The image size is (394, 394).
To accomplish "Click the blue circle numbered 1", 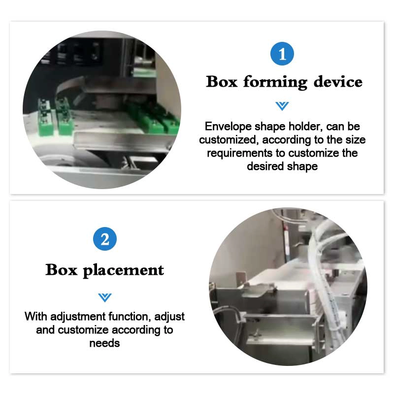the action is tap(282, 54).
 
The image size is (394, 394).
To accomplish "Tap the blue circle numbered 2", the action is tap(105, 239).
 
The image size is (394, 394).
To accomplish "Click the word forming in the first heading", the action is tap(275, 82).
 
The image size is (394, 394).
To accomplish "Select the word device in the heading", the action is tap(338, 82).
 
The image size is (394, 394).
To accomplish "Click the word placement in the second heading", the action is tap(124, 271).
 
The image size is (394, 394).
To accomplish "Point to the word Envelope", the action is tap(228, 127).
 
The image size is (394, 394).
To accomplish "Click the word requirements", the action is tap(239, 153).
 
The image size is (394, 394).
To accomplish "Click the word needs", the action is tap(104, 343).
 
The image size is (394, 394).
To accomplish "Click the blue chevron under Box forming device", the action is tap(282, 106).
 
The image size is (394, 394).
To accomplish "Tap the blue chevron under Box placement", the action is tap(105, 297).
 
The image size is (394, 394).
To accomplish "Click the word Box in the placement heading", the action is tap(61, 269).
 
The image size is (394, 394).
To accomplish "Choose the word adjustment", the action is tap(78, 317).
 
